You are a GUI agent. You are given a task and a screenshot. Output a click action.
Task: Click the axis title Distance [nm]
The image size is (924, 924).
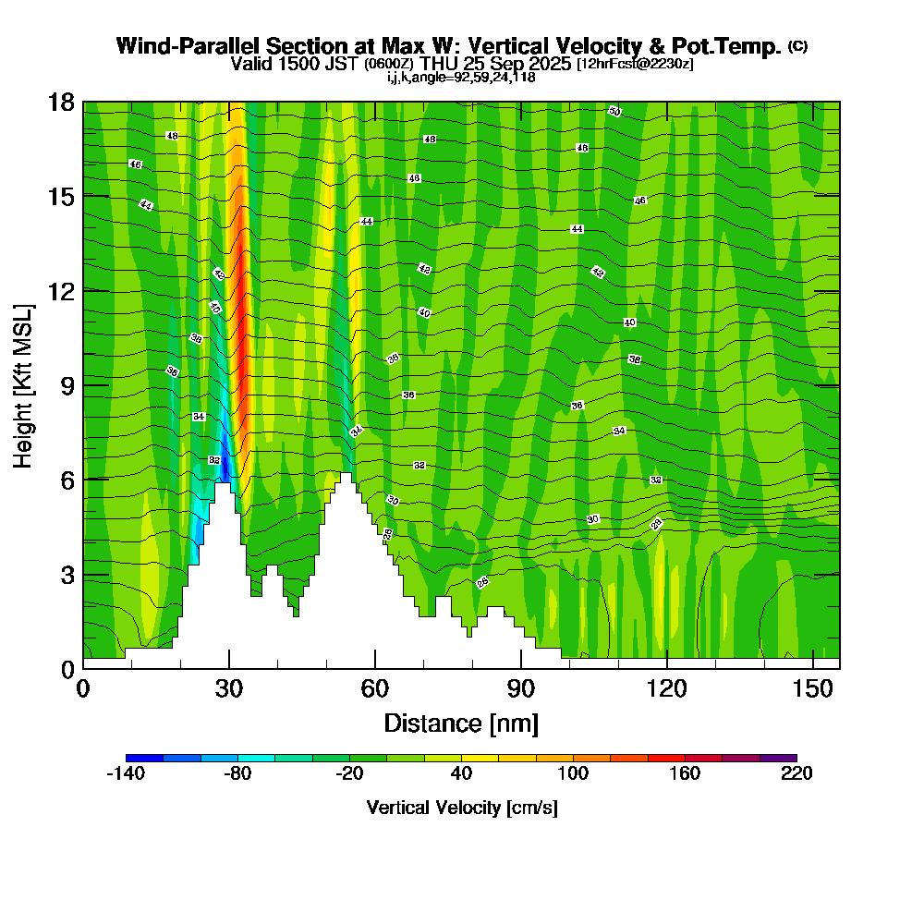click(461, 723)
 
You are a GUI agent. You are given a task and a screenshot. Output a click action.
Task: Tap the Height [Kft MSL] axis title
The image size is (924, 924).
click(23, 384)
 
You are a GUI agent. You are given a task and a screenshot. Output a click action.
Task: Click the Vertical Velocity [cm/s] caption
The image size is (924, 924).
click(461, 808)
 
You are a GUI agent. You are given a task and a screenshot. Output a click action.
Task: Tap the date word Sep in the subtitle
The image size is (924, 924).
click(518, 64)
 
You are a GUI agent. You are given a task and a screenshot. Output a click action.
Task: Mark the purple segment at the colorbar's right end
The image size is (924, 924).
click(778, 758)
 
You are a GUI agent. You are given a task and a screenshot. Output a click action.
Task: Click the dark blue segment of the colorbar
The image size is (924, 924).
click(144, 758)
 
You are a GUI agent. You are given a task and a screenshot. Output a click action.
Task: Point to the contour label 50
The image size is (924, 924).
click(614, 112)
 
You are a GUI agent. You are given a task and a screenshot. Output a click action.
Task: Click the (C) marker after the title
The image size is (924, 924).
click(797, 46)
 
